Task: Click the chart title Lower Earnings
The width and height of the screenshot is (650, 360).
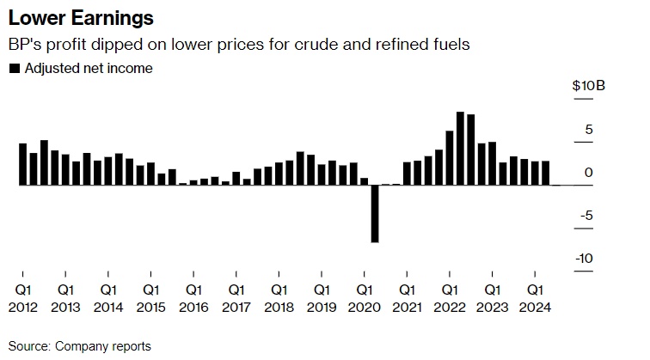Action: [70, 18]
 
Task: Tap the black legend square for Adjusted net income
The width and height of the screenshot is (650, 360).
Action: [14, 69]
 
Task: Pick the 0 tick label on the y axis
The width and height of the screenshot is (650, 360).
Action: [589, 173]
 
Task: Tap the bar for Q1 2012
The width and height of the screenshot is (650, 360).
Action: [23, 164]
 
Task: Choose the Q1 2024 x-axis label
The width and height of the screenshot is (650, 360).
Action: [535, 297]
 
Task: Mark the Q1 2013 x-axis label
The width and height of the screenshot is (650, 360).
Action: [66, 297]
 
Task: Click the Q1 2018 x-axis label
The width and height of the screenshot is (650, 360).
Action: [279, 297]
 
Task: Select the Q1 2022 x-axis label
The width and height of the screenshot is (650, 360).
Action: [450, 297]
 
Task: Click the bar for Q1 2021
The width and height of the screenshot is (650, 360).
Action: [407, 173]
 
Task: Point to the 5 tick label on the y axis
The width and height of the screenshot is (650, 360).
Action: [589, 130]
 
